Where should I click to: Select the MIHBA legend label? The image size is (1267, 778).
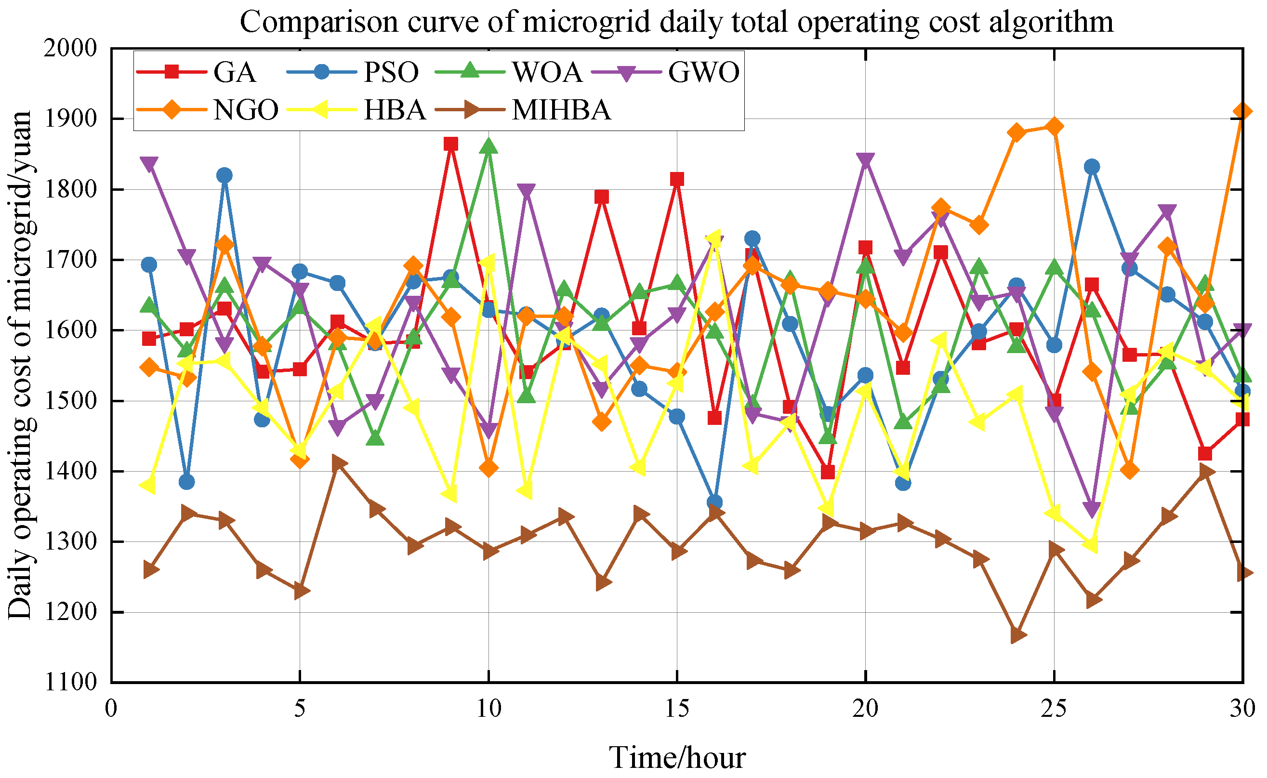[561, 110]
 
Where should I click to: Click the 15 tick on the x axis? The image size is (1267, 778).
[676, 709]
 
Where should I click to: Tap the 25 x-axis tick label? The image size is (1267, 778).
[1054, 709]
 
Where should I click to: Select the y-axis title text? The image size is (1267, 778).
[21, 365]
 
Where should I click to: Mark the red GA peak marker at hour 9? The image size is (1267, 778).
[451, 144]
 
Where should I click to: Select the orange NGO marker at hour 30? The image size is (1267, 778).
[1242, 112]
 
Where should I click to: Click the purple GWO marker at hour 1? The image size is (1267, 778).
[149, 164]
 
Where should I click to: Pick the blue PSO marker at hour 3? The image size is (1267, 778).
[224, 175]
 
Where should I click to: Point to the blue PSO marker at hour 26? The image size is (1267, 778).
[1092, 167]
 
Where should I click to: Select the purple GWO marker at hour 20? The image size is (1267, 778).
[865, 160]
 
